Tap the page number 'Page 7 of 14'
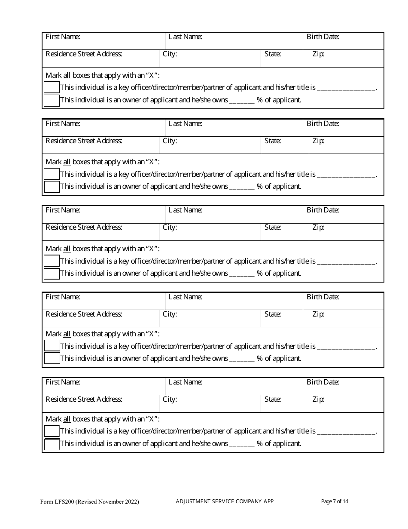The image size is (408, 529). [x=335, y=501]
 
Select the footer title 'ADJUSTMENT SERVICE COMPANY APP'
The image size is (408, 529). [x=225, y=501]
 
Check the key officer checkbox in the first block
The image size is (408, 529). [x=52, y=88]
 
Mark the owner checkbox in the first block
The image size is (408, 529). [x=52, y=100]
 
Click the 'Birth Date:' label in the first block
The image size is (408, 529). [x=323, y=37]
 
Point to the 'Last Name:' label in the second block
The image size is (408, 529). [x=185, y=123]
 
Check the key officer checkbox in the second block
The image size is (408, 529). [x=52, y=174]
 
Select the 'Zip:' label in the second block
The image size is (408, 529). [x=318, y=141]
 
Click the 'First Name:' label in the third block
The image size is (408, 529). [x=63, y=210]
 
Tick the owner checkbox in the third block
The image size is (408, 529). [x=52, y=274]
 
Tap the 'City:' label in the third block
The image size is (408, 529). [x=170, y=228]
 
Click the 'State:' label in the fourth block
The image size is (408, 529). [x=273, y=314]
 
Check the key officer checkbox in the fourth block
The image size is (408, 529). [x=52, y=346]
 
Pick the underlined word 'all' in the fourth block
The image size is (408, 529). [x=67, y=334]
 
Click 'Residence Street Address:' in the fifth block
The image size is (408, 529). [x=84, y=399]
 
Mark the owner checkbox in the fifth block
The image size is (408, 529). [x=52, y=444]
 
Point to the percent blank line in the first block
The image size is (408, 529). [x=242, y=101]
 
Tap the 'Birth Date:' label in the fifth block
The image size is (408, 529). [x=323, y=382]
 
